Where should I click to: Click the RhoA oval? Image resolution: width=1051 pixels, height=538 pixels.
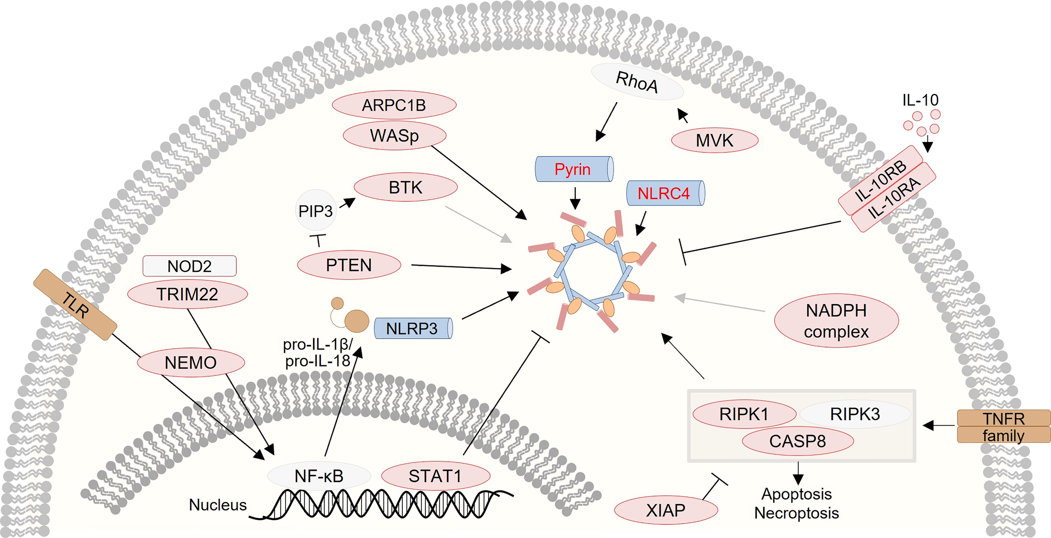click(x=637, y=82)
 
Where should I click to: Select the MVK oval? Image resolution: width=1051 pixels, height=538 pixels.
click(x=715, y=140)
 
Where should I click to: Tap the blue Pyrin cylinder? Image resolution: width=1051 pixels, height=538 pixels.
click(x=574, y=169)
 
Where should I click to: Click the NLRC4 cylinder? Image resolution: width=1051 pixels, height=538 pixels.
click(x=665, y=193)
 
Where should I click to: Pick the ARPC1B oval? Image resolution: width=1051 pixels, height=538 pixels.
click(x=394, y=105)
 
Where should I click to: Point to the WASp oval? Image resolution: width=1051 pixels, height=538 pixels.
click(x=394, y=135)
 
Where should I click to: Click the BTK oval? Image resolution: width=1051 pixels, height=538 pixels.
click(x=406, y=187)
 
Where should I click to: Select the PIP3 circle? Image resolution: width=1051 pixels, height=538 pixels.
click(x=316, y=210)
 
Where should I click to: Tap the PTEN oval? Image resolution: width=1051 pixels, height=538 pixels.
click(x=349, y=265)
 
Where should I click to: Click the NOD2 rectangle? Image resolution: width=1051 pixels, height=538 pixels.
click(x=190, y=266)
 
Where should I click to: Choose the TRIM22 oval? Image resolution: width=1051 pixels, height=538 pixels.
click(x=187, y=294)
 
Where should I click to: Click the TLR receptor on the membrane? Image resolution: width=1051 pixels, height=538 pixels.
click(x=75, y=305)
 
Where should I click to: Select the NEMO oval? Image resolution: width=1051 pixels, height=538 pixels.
click(x=191, y=363)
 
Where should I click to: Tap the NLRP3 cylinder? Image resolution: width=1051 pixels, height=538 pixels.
click(x=413, y=328)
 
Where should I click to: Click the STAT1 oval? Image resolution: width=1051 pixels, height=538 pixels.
click(x=436, y=476)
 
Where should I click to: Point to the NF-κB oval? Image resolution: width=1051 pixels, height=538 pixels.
click(x=319, y=476)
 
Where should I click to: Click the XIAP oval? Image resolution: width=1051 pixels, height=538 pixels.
click(x=666, y=510)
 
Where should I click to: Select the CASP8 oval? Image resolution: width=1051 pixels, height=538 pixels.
click(x=797, y=441)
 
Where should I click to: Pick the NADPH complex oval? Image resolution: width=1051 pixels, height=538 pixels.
click(x=836, y=321)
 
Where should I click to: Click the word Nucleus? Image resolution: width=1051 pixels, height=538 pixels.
click(x=218, y=505)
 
